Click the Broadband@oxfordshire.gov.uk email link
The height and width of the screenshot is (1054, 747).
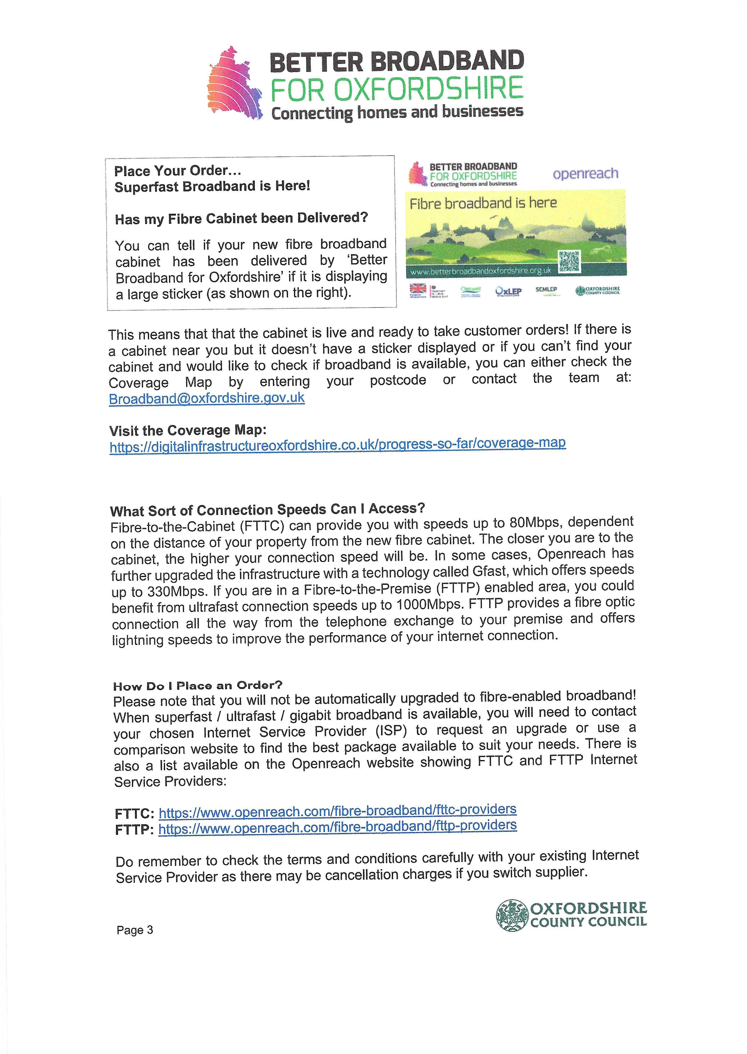point(207,398)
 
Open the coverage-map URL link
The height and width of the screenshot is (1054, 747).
point(337,445)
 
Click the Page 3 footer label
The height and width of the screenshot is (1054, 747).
point(134,930)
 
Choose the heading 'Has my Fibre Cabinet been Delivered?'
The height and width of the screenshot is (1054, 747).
point(242,218)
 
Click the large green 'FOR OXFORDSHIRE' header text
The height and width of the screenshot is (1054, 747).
point(396,89)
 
